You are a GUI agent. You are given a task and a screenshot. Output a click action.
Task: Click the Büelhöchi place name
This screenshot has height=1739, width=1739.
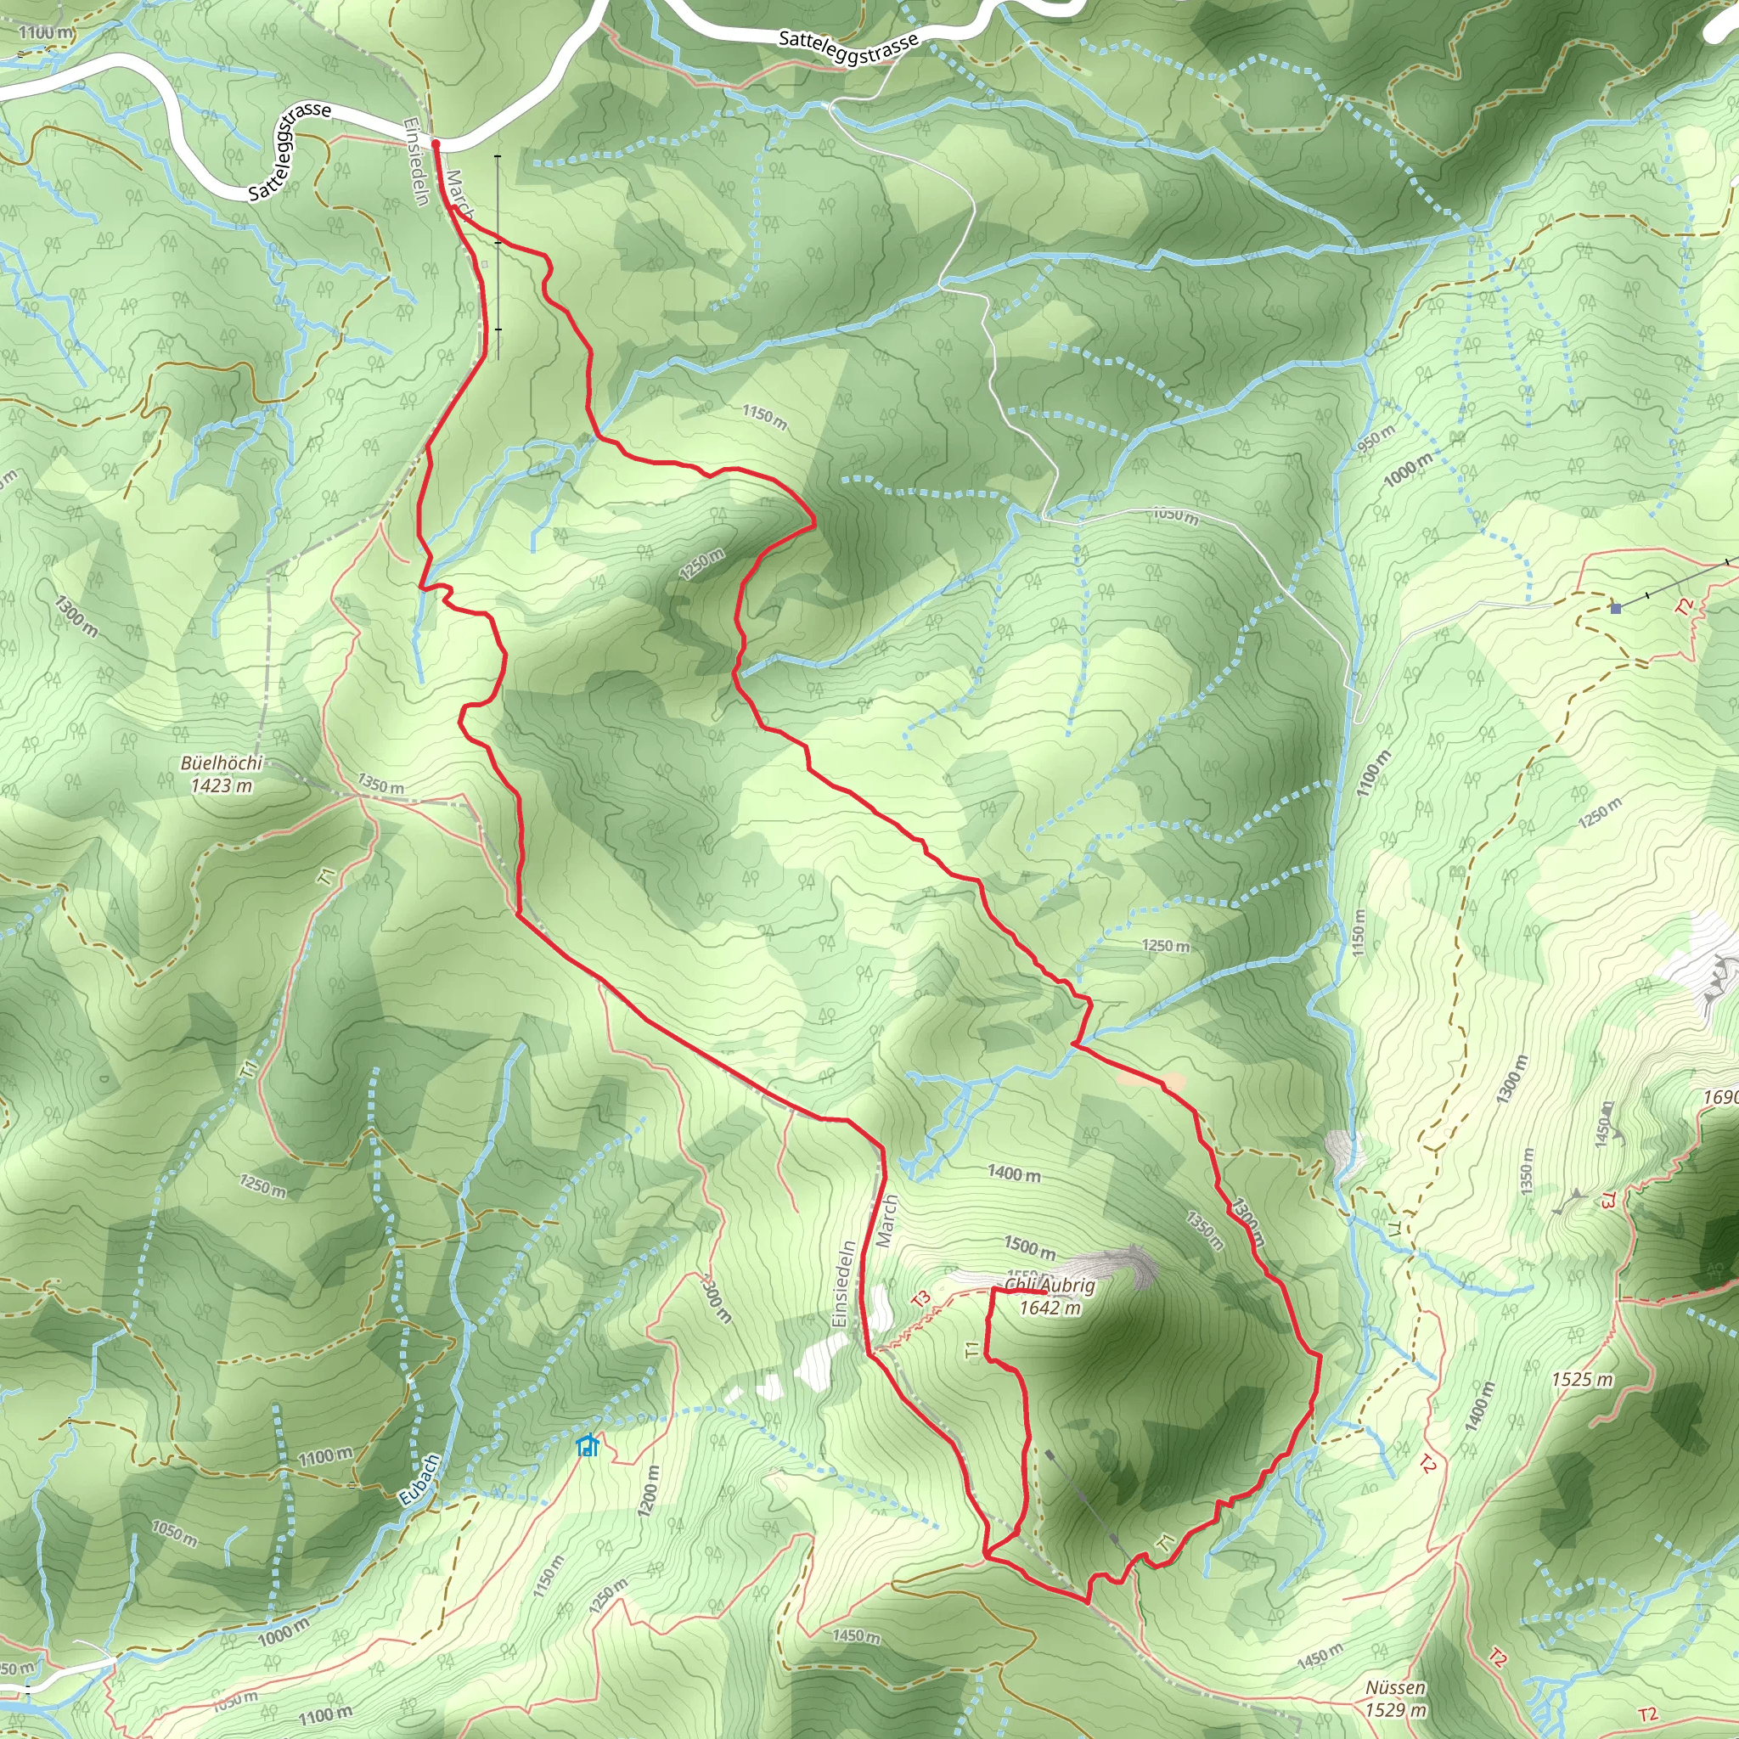pos(222,763)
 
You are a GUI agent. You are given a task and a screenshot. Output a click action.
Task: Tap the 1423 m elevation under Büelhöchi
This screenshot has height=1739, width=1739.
pos(222,785)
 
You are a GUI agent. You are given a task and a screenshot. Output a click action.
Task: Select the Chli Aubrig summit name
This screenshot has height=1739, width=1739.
pos(1050,1286)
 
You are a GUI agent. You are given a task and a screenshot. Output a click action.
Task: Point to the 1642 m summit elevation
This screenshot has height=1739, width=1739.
pos(1050,1308)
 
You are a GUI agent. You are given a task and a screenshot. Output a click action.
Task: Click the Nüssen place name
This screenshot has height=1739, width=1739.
pos(1395,1688)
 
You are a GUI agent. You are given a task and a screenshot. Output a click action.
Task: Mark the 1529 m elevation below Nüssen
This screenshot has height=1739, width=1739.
pos(1395,1710)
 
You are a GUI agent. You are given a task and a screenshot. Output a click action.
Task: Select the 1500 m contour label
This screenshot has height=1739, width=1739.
pos(1029,1248)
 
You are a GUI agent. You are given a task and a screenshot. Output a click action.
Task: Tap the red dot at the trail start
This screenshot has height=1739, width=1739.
pos(436,144)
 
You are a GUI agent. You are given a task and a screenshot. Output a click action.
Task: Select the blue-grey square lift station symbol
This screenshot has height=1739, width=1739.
pos(1616,609)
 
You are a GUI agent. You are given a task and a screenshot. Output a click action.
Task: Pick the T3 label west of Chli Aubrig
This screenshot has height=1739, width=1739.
pos(920,1299)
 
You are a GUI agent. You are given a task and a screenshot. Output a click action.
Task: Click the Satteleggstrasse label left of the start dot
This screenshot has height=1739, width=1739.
pos(290,150)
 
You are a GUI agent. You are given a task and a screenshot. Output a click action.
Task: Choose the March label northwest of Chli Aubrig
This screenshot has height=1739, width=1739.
pos(887,1221)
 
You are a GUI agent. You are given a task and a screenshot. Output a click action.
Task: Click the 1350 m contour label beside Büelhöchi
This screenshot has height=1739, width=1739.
pos(380,784)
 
